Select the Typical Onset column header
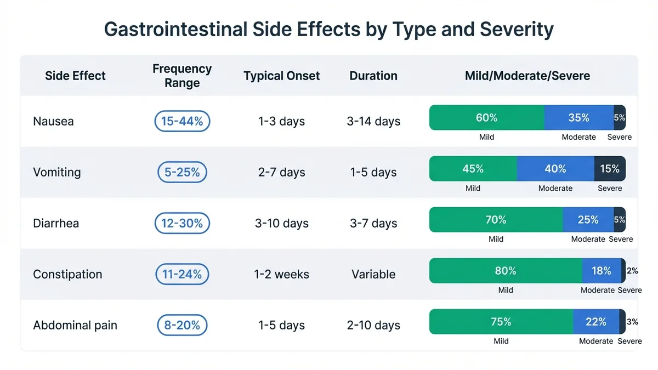(x=281, y=76)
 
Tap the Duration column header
(x=373, y=76)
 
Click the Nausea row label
(x=53, y=121)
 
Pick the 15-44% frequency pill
(x=182, y=121)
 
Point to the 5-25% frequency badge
(x=182, y=172)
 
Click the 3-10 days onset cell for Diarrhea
(x=281, y=223)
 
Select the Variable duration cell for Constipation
(x=373, y=274)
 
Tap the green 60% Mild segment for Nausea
(x=486, y=118)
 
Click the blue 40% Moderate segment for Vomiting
(x=555, y=169)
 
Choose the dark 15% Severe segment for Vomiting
(x=609, y=169)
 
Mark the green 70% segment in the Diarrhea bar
(x=496, y=220)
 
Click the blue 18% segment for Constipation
(x=601, y=271)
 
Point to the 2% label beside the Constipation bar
(x=632, y=271)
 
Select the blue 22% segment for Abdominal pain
(x=595, y=322)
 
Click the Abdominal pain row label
(x=75, y=325)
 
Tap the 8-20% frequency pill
(x=182, y=325)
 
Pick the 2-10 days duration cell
(x=373, y=325)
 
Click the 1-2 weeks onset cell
(x=281, y=274)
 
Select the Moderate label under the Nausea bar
(x=578, y=137)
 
